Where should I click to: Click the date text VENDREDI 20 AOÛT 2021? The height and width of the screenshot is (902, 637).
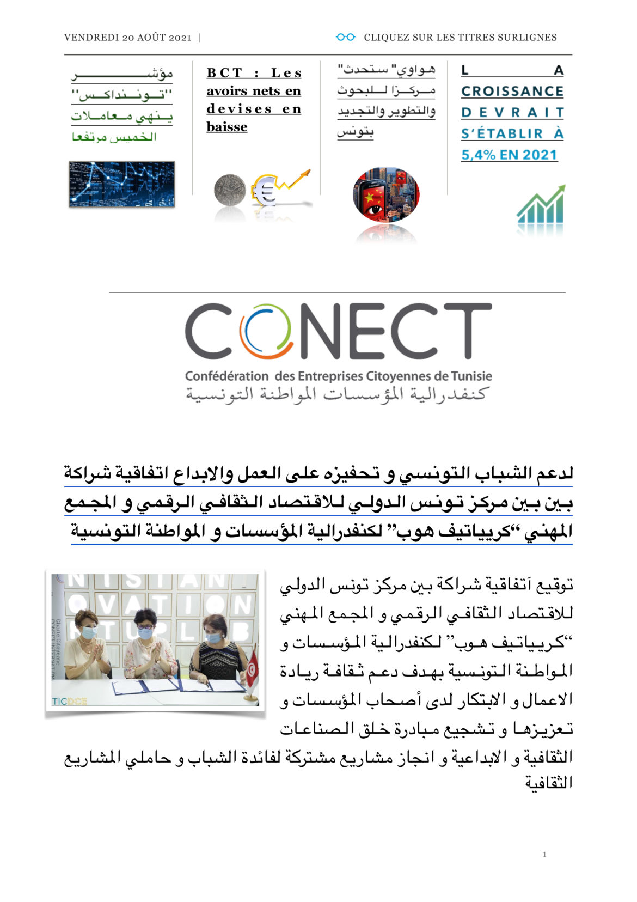pyautogui.click(x=127, y=38)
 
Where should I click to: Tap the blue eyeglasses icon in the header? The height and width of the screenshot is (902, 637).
pyautogui.click(x=345, y=37)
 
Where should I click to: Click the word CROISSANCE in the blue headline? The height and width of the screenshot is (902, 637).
pyautogui.click(x=512, y=91)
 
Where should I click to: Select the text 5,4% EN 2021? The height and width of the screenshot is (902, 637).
pyautogui.click(x=509, y=155)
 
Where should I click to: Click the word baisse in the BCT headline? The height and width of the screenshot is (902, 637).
pyautogui.click(x=226, y=127)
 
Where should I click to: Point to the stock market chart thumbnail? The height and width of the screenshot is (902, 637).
pyautogui.click(x=121, y=184)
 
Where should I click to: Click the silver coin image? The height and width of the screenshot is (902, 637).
pyautogui.click(x=229, y=190)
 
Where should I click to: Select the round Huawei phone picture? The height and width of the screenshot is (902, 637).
pyautogui.click(x=386, y=194)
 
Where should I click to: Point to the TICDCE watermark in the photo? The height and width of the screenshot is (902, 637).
pyautogui.click(x=69, y=702)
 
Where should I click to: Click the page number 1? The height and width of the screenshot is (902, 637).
pyautogui.click(x=544, y=854)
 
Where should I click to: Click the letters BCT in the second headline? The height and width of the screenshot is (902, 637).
pyautogui.click(x=224, y=73)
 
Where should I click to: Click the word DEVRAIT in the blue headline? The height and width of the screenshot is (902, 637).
pyautogui.click(x=512, y=112)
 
